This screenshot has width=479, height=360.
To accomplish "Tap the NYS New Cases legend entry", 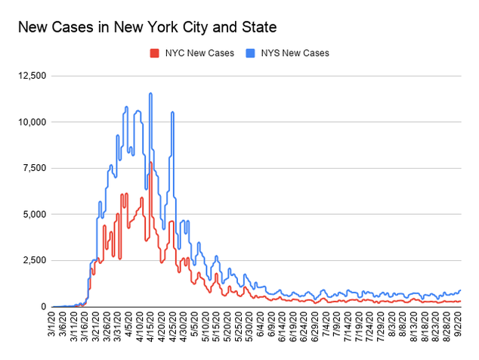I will [x=295, y=53].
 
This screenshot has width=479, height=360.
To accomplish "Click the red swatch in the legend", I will [x=155, y=53].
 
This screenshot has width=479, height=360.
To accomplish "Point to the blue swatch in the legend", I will [x=252, y=53].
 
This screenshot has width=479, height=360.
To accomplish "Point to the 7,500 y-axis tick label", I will [x=34, y=168].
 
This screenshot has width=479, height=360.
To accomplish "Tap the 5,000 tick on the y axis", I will [x=34, y=214].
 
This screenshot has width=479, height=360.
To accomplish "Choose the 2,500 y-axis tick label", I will [x=34, y=260].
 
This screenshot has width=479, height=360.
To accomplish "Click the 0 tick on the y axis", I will [x=44, y=306].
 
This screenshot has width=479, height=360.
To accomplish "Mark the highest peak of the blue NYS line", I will [x=151, y=94].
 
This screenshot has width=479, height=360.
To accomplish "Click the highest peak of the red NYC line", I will [x=150, y=163].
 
